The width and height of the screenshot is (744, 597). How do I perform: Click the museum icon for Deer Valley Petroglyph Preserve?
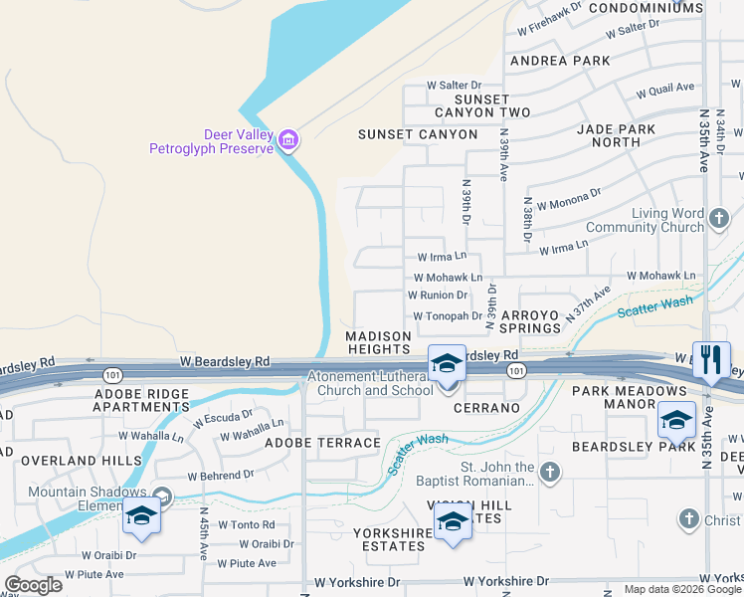click(x=288, y=140)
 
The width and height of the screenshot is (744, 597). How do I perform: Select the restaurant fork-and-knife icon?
click(x=710, y=359)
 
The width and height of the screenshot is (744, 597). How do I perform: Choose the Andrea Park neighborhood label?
click(x=560, y=61)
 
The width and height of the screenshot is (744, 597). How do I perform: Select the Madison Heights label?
click(x=378, y=342)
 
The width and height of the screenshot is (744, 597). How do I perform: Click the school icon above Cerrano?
click(x=447, y=363)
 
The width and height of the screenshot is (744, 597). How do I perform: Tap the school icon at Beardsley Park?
click(x=676, y=421)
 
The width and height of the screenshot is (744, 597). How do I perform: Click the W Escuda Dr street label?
click(x=224, y=418)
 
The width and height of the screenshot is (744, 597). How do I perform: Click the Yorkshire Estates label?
click(x=389, y=539)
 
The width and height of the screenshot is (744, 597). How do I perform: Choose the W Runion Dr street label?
click(x=438, y=296)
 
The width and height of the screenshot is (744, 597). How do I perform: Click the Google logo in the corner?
click(x=33, y=584)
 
